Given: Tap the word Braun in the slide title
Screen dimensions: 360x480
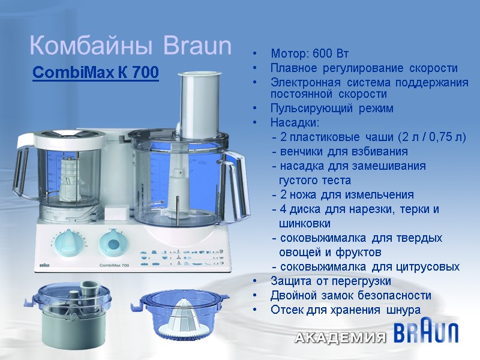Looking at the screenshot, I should [x=197, y=46].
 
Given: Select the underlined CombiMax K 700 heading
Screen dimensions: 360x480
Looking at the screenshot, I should [x=95, y=73].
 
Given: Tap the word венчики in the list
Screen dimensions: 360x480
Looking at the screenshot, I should [x=301, y=151].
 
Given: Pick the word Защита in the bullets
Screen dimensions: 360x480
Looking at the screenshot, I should [x=290, y=281].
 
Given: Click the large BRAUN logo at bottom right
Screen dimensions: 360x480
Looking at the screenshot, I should [x=427, y=333].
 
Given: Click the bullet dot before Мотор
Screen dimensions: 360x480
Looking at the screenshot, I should [x=257, y=55].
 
